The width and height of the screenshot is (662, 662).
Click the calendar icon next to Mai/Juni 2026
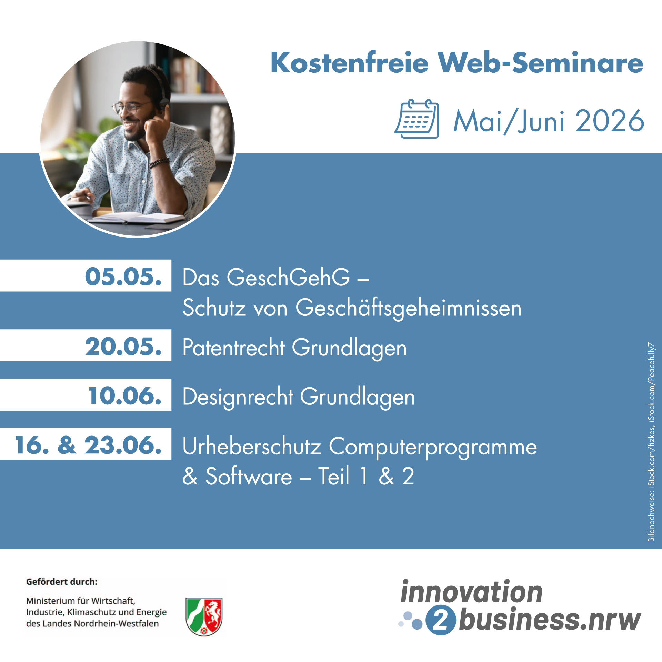coord(417,119)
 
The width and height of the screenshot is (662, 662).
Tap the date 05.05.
coord(123,277)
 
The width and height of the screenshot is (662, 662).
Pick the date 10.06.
coord(124,395)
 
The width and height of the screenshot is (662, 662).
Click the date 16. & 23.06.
coord(88,445)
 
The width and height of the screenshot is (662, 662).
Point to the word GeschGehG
coord(288,277)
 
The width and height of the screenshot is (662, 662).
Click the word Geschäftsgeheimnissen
coord(409,308)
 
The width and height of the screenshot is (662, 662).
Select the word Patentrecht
coord(234,347)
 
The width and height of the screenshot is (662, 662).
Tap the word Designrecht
coord(238,397)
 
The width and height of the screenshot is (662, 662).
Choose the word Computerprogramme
coord(433,448)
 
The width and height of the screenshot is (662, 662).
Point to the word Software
coord(249,477)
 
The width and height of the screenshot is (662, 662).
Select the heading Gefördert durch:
coord(62,582)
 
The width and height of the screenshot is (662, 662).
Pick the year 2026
coord(610,121)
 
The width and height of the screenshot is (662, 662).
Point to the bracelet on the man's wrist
coord(159,162)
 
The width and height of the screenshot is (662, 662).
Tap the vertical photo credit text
coord(651,442)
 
